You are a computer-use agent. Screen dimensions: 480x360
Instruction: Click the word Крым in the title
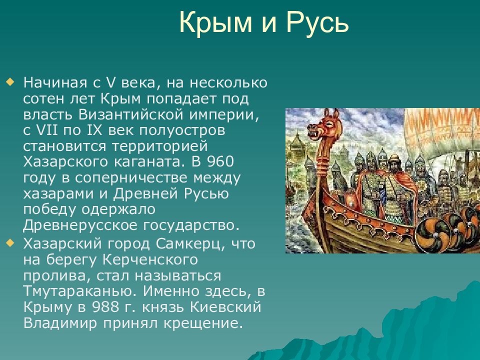[x=215, y=22]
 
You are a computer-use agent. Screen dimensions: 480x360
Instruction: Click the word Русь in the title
[x=317, y=22]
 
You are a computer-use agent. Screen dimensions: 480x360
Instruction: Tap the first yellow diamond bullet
[x=10, y=82]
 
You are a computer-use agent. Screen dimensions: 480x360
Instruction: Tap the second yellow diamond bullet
[x=10, y=243]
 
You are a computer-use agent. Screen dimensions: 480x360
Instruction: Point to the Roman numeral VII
[x=47, y=130]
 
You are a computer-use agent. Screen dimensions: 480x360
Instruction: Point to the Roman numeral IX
[x=94, y=130]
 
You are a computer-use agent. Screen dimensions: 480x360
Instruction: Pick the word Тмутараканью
[x=79, y=291]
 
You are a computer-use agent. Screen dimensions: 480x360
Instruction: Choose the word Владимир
[x=60, y=323]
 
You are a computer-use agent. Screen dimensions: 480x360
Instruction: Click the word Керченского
[x=150, y=260]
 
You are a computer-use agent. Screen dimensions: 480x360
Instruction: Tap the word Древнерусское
[x=80, y=225]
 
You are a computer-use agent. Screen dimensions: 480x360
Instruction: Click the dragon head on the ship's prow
[x=324, y=125]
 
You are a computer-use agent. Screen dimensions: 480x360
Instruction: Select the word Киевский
[x=225, y=307]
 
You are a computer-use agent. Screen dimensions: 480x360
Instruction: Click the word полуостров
[x=182, y=130]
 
